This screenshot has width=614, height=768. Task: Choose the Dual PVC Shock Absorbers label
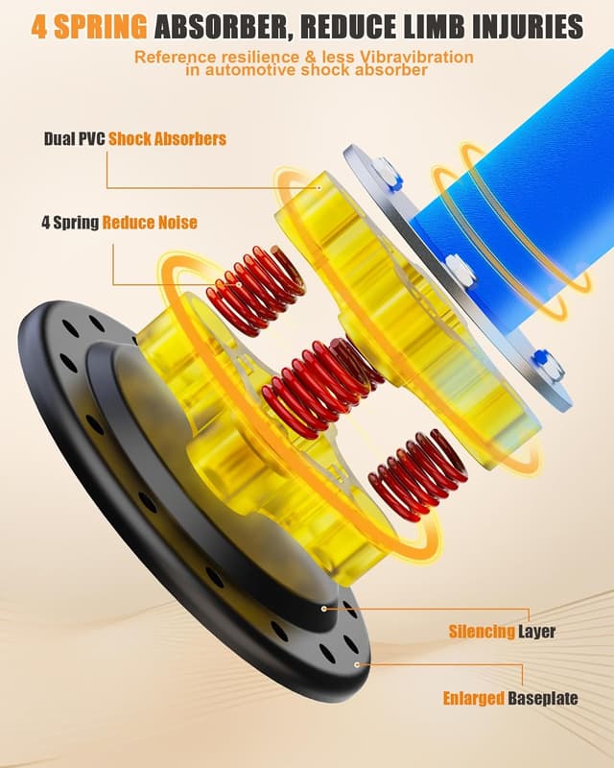135,138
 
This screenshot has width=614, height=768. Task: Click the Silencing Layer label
502,632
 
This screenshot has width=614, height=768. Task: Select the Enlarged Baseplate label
509,698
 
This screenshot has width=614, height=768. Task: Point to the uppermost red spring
257,283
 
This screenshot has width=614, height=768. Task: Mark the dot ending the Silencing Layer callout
325,608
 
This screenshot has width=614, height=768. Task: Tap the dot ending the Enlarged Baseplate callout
357,662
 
